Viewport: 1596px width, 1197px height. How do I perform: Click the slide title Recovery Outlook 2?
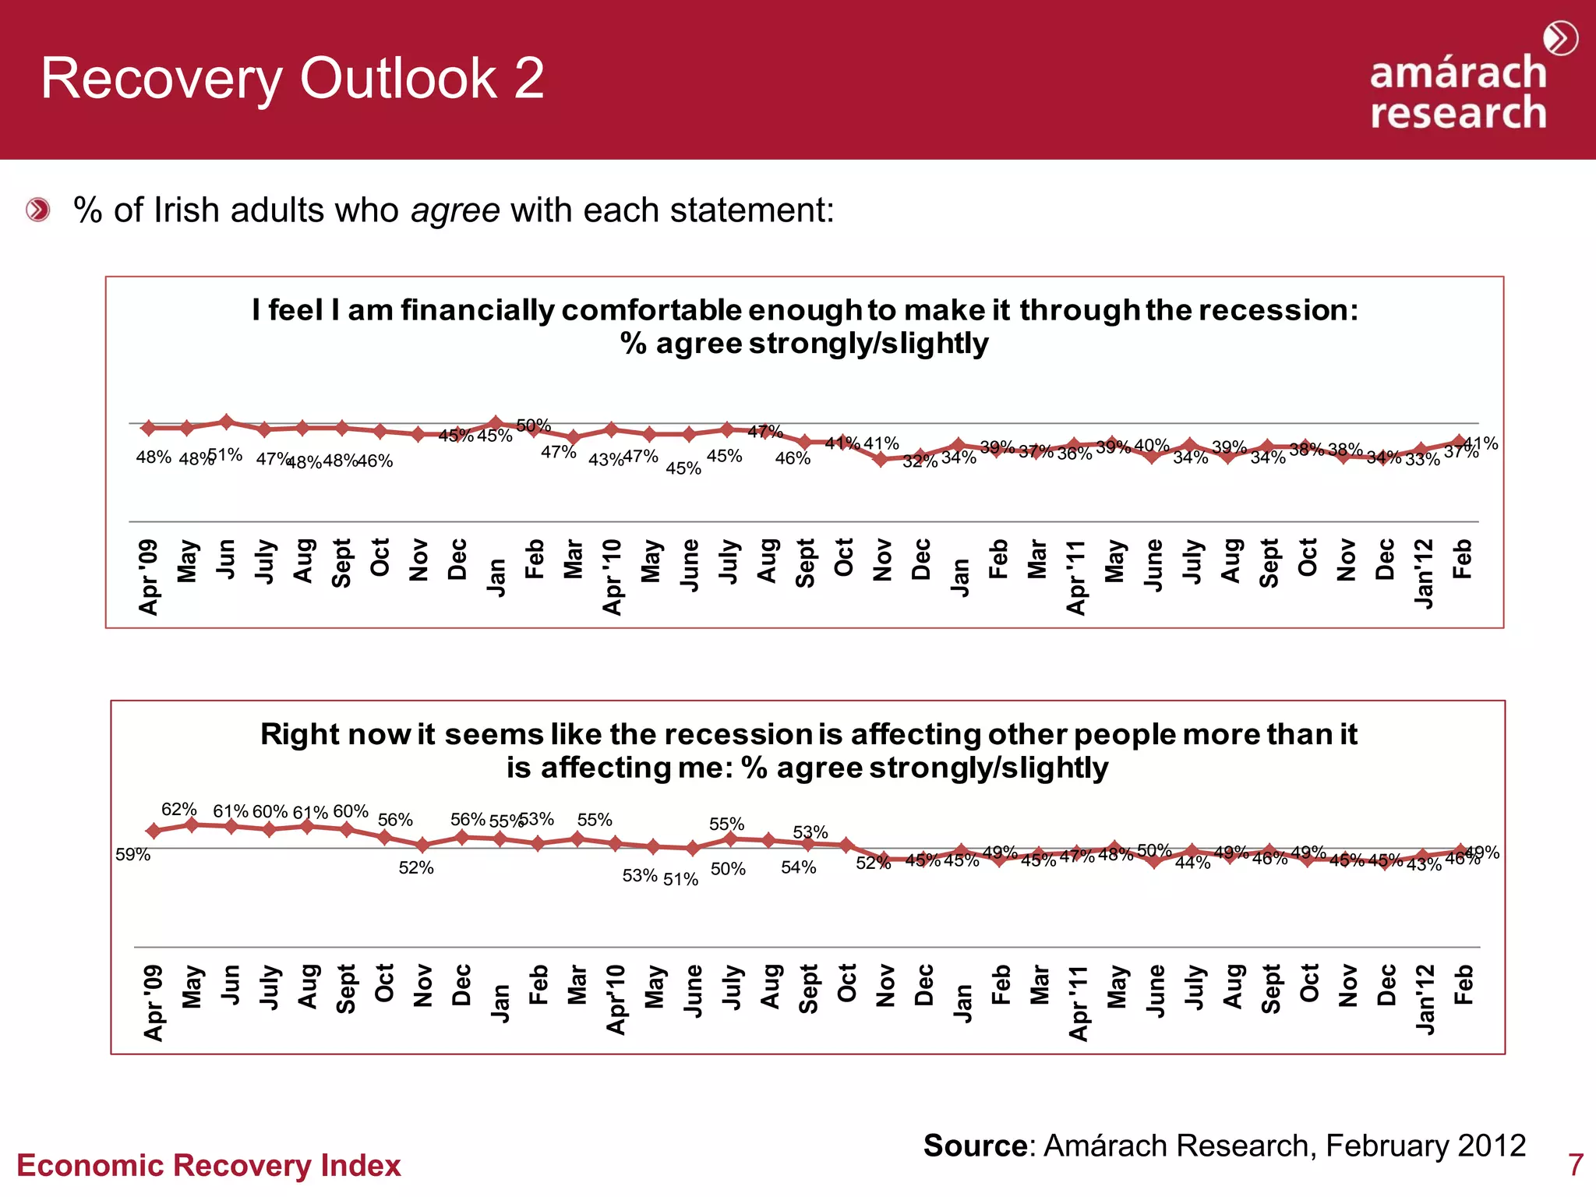[x=292, y=79]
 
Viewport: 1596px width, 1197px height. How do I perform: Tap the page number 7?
[x=1575, y=1165]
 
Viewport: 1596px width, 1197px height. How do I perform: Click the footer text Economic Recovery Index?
[x=208, y=1166]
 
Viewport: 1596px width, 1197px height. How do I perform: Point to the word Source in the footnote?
[x=975, y=1146]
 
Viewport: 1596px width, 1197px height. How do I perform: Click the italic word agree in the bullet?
[x=455, y=210]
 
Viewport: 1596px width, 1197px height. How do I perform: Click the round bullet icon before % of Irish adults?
[x=37, y=210]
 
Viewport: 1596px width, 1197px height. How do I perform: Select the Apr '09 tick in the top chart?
[x=148, y=577]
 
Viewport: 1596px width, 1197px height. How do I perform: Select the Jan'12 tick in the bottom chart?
[x=1425, y=1000]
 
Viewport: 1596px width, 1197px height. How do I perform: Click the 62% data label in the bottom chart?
[x=178, y=809]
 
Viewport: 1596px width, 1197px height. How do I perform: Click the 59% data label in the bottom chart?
[x=132, y=855]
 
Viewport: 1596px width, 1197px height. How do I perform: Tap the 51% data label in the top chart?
[x=225, y=454]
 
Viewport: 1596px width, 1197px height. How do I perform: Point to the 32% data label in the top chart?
[x=920, y=461]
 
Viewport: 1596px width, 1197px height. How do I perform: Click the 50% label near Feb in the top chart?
[x=533, y=425]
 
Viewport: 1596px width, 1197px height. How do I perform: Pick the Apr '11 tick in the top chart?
[x=1076, y=577]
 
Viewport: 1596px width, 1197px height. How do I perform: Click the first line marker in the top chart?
[x=149, y=428]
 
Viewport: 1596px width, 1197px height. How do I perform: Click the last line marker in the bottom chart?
[x=1462, y=851]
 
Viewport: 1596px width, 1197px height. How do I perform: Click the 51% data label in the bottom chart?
[x=680, y=879]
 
